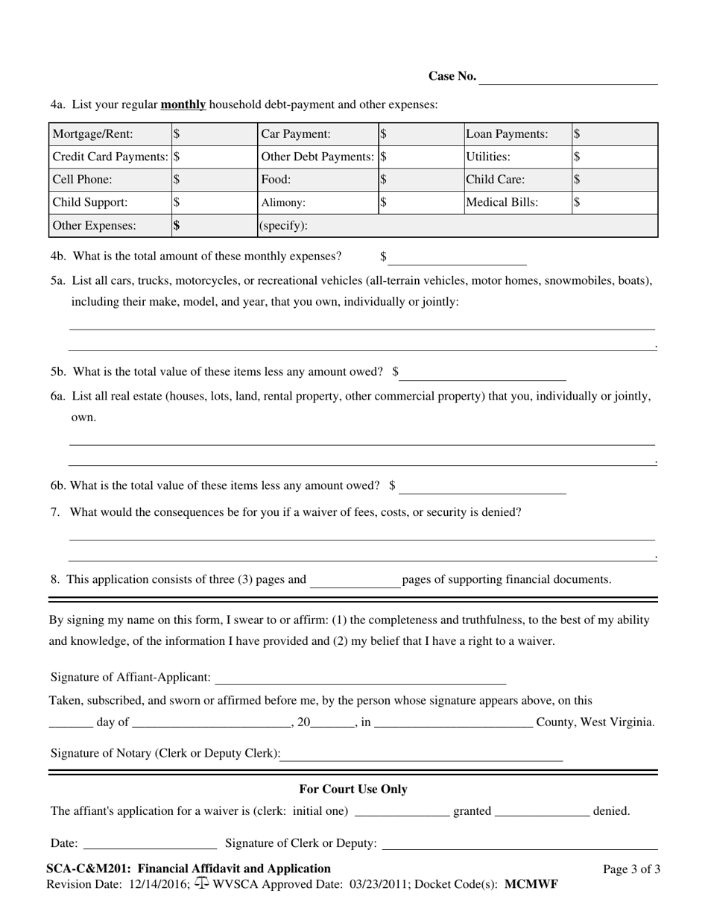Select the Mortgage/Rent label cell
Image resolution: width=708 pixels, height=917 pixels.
point(110,134)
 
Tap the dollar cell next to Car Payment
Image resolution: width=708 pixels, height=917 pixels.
point(420,134)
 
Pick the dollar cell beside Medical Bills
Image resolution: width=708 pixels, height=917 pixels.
point(614,202)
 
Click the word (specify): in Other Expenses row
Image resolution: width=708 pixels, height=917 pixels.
point(283,225)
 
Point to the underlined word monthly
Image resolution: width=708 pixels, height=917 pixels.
point(183,104)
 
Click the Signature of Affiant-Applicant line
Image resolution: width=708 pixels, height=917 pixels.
point(361,679)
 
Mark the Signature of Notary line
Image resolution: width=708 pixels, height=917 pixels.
point(422,756)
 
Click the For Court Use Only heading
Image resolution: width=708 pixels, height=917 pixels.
point(353,789)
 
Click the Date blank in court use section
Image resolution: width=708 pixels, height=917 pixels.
point(151,845)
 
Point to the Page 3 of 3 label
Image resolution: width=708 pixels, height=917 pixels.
point(631,869)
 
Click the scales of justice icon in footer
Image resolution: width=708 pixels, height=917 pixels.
point(201,883)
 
